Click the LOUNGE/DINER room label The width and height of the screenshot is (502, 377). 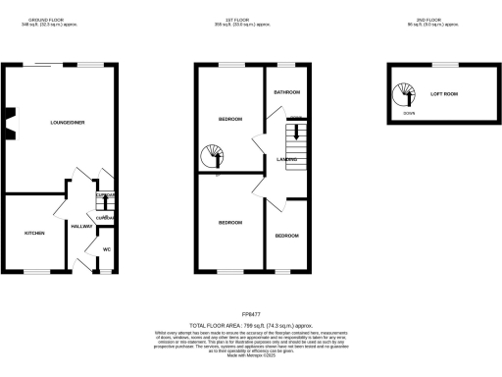[x=67, y=123]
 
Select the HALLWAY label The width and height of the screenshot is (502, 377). [x=81, y=226]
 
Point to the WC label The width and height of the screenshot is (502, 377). [x=107, y=249]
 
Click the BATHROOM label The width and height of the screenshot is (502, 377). [x=286, y=91]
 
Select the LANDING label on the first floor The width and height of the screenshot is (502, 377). [x=287, y=158]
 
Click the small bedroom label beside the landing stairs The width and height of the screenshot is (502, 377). [x=286, y=236]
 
